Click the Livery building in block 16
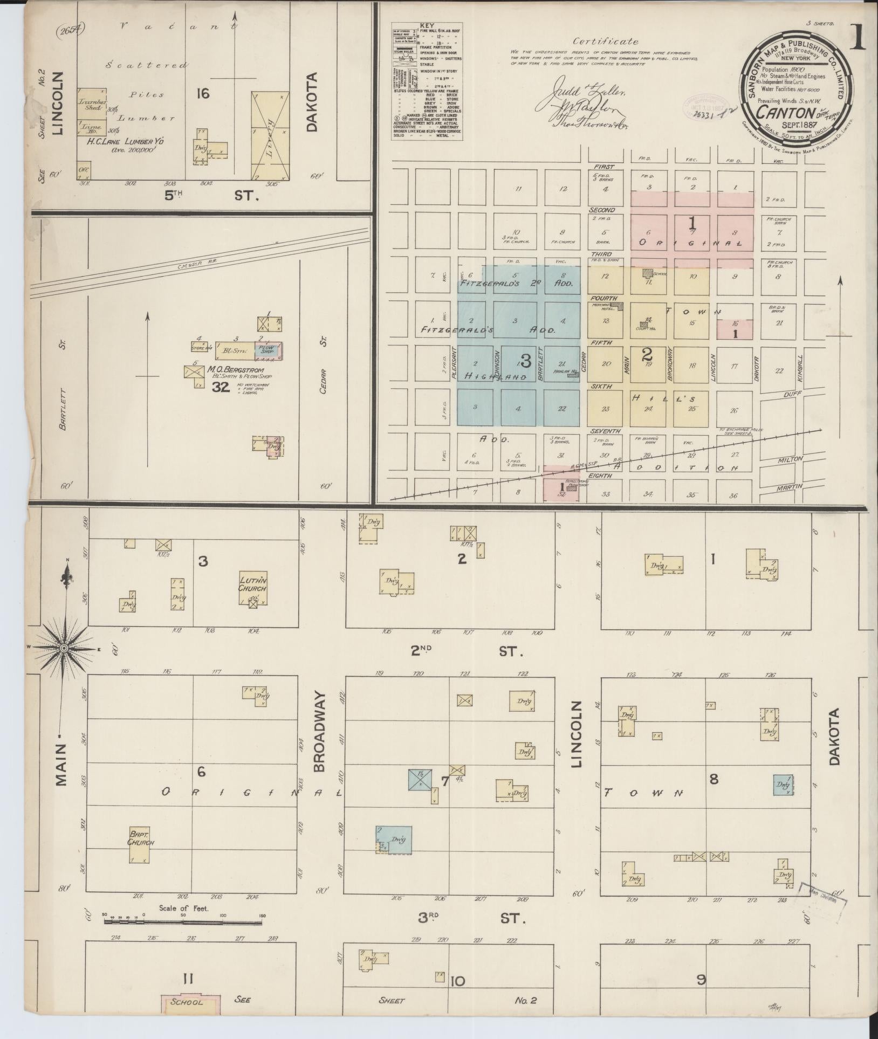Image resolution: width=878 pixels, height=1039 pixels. click(x=269, y=135)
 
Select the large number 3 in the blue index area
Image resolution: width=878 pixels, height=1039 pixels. click(x=526, y=360)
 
